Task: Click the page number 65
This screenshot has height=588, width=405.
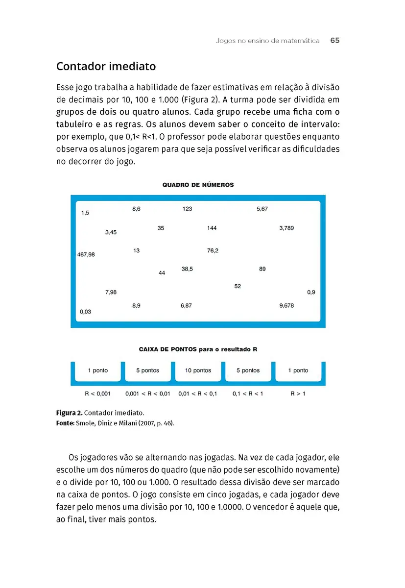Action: pyautogui.click(x=335, y=41)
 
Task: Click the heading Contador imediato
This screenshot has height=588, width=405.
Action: pyautogui.click(x=106, y=66)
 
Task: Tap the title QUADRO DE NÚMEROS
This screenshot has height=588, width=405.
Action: pyautogui.click(x=198, y=185)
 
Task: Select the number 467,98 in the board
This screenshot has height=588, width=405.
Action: pyautogui.click(x=86, y=254)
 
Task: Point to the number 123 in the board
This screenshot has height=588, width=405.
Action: pyautogui.click(x=187, y=209)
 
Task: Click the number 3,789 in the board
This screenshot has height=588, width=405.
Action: pyautogui.click(x=286, y=228)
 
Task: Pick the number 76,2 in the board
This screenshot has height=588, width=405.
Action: pyautogui.click(x=213, y=250)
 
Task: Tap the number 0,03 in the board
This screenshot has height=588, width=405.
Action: pyautogui.click(x=85, y=312)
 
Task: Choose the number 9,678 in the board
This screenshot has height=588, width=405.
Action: pyautogui.click(x=286, y=305)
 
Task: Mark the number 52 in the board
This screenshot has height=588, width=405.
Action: pyautogui.click(x=238, y=286)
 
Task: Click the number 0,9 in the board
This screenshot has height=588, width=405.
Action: pyautogui.click(x=311, y=292)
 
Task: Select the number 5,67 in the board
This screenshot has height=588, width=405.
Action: pyautogui.click(x=262, y=209)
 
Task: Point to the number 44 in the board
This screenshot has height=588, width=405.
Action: pyautogui.click(x=162, y=272)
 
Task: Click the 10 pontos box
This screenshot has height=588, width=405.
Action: pyautogui.click(x=198, y=371)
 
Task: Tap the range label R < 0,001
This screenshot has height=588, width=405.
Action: pyautogui.click(x=97, y=393)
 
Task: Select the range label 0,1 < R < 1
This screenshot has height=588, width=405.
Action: pyautogui.click(x=248, y=393)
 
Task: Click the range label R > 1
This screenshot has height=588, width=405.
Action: pyautogui.click(x=298, y=393)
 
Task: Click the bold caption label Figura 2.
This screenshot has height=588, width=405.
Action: pyautogui.click(x=69, y=413)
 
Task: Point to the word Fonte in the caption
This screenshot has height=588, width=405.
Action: pyautogui.click(x=64, y=421)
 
